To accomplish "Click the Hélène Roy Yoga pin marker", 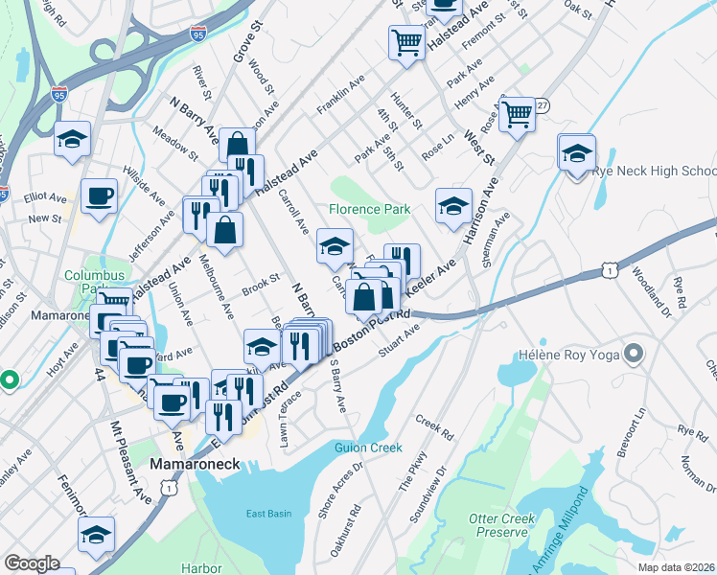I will pos(633,356).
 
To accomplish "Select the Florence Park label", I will pos(369,209).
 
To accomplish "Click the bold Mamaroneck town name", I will pos(200,463).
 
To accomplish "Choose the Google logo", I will pos(31,563).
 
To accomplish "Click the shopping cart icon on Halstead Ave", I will pos(407,43).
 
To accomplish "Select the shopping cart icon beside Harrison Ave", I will pos(517,114).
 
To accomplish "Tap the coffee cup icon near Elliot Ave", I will pos(99,198).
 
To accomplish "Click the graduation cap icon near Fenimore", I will pos(96,535).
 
